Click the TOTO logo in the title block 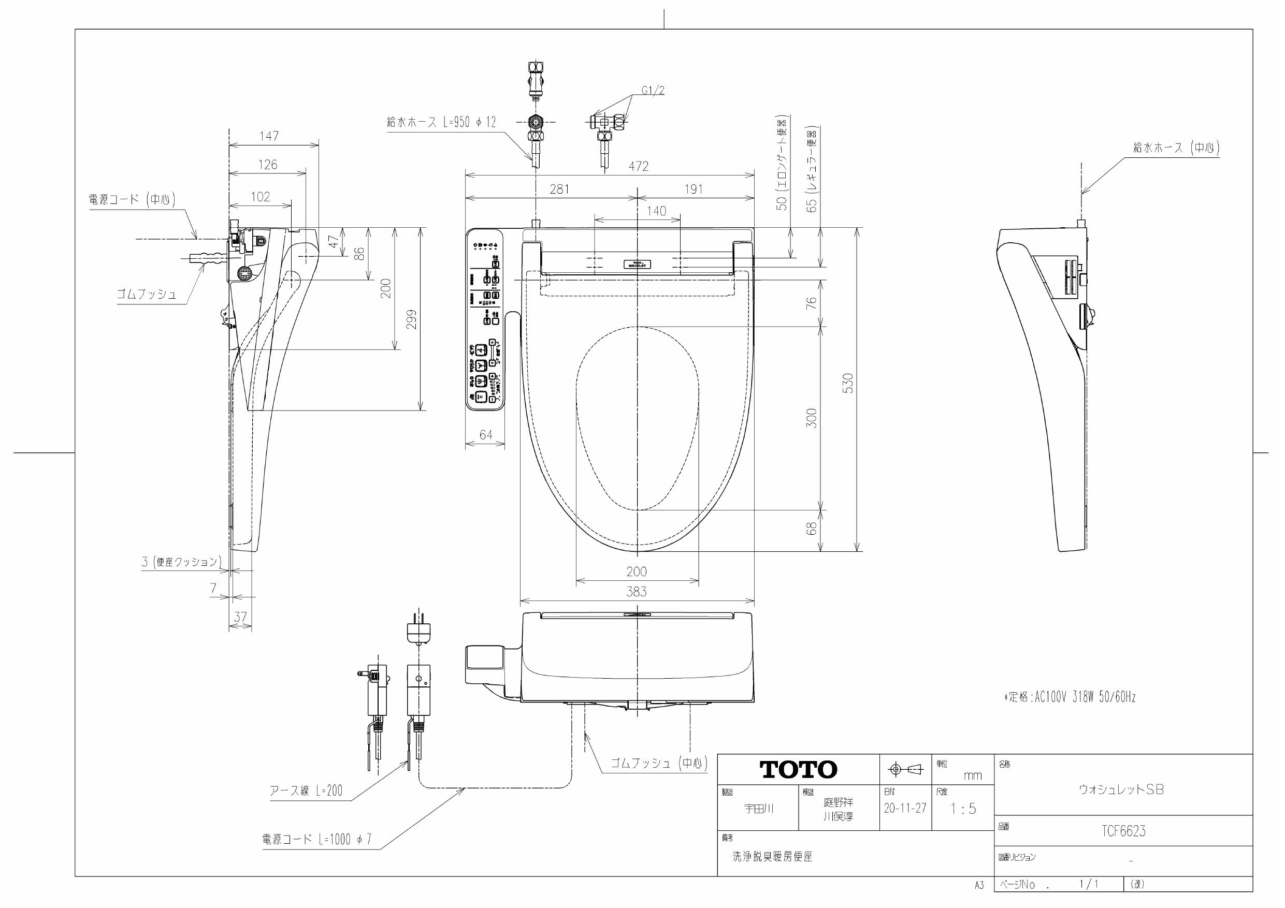tap(798, 770)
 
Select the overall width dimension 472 tap(638, 166)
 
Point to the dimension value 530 tap(848, 383)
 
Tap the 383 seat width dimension tap(637, 591)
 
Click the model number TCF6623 tap(1123, 831)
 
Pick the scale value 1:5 tap(963, 809)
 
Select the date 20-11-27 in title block tap(905, 808)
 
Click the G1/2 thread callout tap(653, 91)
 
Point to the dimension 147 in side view tap(269, 136)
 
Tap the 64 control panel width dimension tap(486, 435)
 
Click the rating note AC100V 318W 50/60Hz tap(1070, 697)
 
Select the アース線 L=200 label tap(306, 790)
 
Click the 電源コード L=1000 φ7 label tap(317, 839)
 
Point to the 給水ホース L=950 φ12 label tap(441, 123)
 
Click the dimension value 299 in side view tap(412, 319)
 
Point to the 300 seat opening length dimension tap(812, 418)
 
